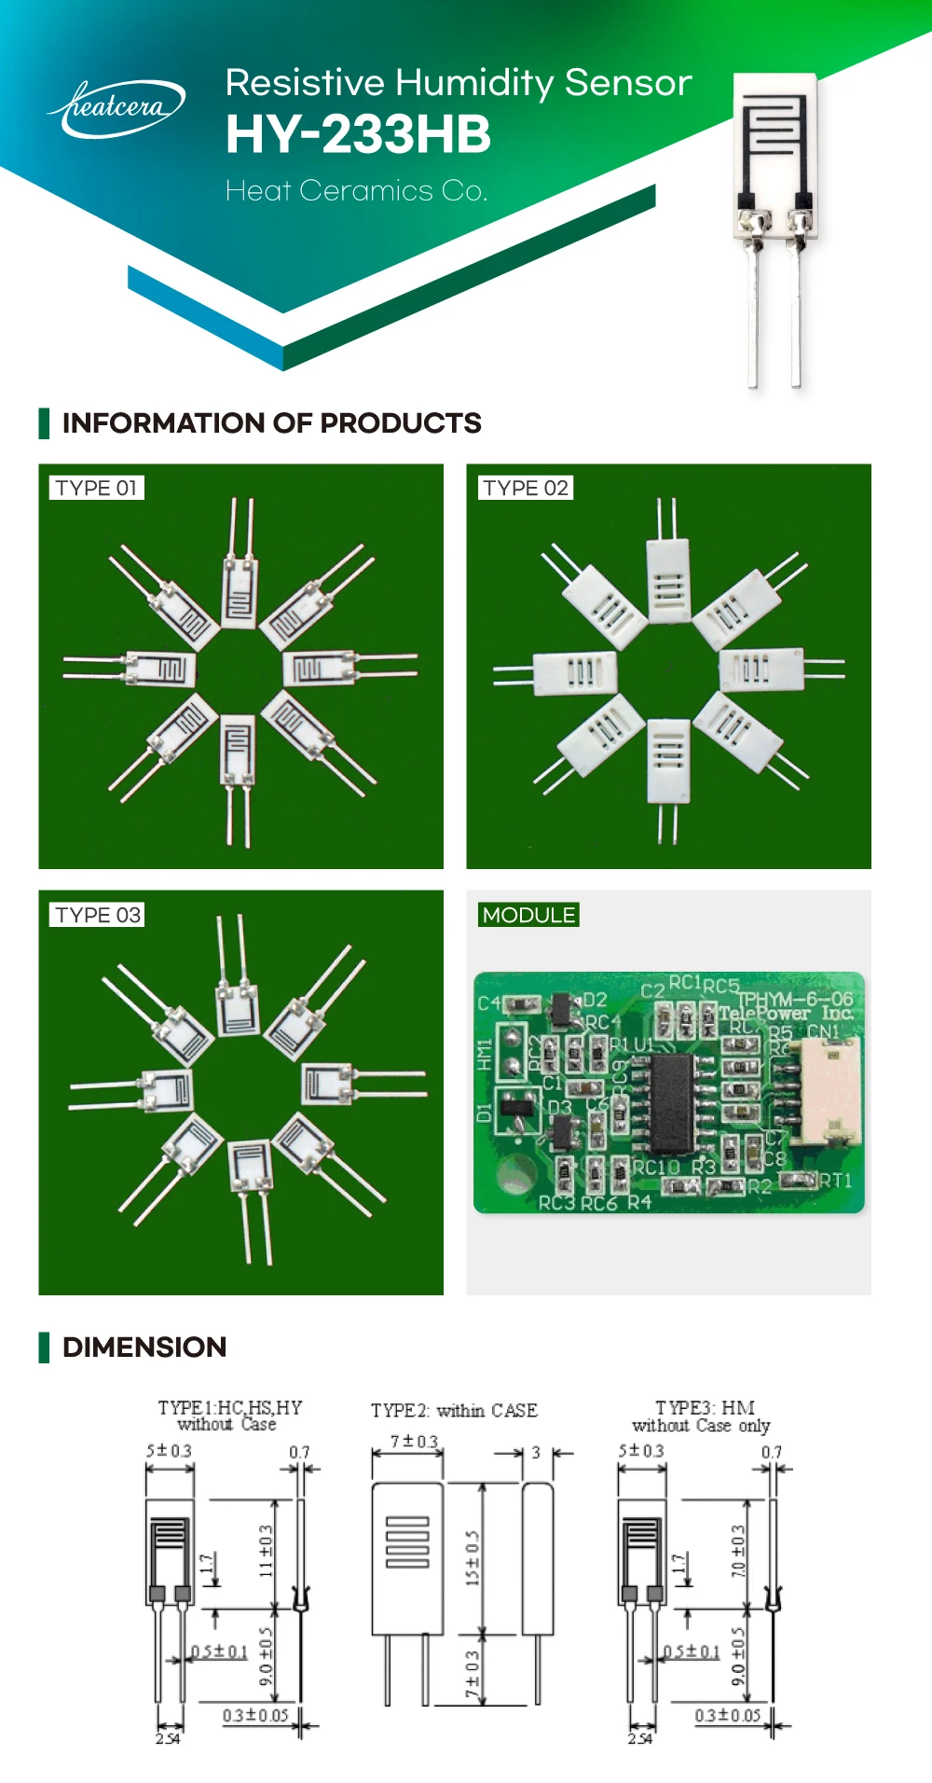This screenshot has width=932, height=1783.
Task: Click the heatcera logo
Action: pos(116,108)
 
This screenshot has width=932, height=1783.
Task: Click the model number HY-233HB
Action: pos(358,134)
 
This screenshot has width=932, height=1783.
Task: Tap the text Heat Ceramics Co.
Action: pos(356,191)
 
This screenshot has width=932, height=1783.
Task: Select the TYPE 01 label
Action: pos(96,488)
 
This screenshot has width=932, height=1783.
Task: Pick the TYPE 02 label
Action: pos(526,488)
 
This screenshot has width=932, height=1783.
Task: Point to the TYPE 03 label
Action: pos(97,915)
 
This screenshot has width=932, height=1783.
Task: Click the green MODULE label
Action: pos(528,915)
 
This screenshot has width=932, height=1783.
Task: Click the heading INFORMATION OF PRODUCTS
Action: pos(271,423)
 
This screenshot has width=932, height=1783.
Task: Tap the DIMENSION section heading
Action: pos(144,1348)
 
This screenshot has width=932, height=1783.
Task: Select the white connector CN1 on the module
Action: pos(827,1091)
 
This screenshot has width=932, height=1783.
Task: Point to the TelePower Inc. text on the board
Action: pos(785,1013)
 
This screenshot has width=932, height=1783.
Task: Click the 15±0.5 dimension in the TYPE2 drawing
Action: pos(473,1557)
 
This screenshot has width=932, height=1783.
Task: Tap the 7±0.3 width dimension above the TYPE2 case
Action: pos(414,1442)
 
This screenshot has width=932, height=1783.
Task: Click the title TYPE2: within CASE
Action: pos(454,1410)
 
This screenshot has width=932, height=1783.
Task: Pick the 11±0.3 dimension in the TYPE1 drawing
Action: pos(266,1551)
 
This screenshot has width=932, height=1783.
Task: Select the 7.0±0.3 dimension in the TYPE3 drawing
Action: pos(738,1551)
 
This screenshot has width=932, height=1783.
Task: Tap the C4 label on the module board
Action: pos(488,1003)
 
